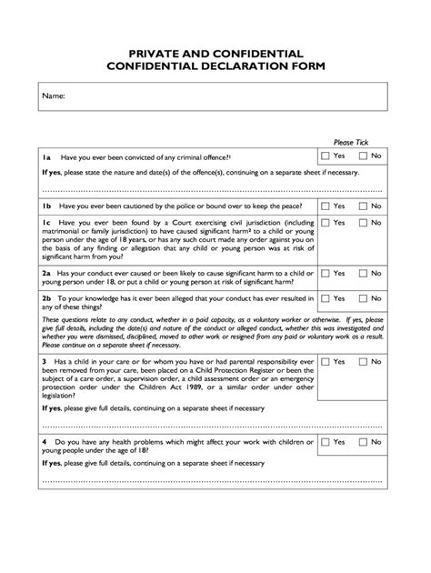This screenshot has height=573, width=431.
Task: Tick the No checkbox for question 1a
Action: pos(364,156)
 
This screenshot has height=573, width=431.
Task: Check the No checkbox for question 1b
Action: pos(364,206)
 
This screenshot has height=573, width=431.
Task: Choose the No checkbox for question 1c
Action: pos(364,223)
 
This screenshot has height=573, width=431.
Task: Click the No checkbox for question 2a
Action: pos(364,272)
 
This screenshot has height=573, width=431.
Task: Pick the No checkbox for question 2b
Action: pos(364,297)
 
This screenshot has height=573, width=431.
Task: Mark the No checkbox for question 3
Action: pos(364,362)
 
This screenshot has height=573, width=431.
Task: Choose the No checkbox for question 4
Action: pos(364,442)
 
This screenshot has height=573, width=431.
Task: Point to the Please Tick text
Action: pos(352,143)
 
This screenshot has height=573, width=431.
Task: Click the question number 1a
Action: pos(47,156)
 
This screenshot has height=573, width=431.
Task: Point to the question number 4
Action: pos(45,442)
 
